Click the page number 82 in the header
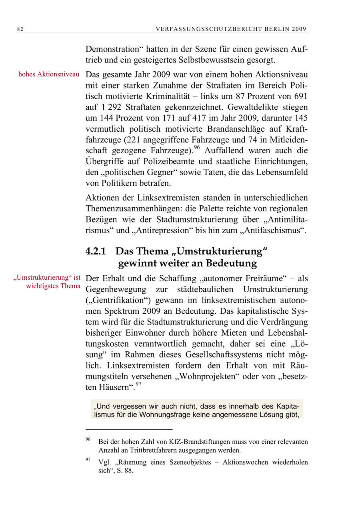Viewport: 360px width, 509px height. tap(20, 29)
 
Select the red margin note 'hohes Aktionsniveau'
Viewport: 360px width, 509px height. tap(49, 75)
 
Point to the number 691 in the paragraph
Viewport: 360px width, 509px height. tap(300, 97)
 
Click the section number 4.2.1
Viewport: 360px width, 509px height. tap(96, 251)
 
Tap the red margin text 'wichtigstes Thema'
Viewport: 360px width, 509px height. tap(53, 286)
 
